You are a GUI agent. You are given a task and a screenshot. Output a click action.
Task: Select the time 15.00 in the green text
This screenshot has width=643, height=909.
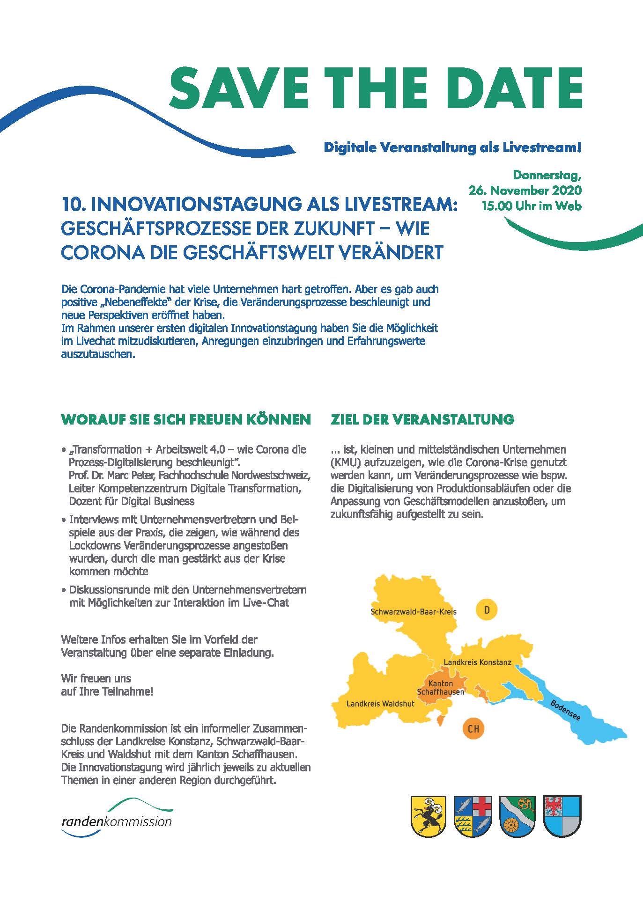click(497, 205)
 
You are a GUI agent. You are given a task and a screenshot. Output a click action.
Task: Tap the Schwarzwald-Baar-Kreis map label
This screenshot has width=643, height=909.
click(413, 611)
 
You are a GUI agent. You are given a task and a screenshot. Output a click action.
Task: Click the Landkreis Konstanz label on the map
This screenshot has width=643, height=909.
click(477, 662)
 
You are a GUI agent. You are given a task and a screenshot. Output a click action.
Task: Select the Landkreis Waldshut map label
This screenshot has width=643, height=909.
click(380, 704)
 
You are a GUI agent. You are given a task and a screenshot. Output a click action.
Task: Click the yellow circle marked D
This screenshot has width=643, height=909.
click(487, 610)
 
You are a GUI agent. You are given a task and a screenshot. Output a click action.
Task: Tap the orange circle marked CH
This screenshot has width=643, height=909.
click(473, 728)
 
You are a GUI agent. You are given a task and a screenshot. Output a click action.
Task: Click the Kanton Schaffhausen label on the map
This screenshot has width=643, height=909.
click(440, 688)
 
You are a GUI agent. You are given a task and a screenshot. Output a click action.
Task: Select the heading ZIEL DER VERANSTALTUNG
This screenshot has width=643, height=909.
click(422, 419)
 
